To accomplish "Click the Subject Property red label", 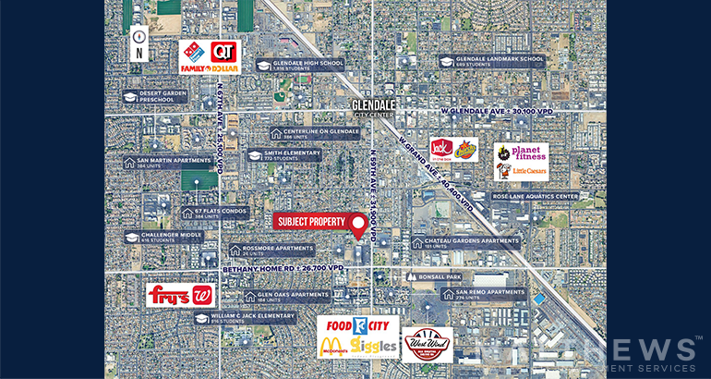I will click(x=309, y=222).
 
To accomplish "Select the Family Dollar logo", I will click(x=209, y=67).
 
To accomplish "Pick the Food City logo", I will click(x=357, y=328).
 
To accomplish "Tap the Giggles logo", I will click(x=374, y=348).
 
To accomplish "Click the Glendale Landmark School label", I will click(x=491, y=61).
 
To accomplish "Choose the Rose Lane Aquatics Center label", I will click(x=536, y=196).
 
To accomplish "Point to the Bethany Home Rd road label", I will click(x=283, y=268).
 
